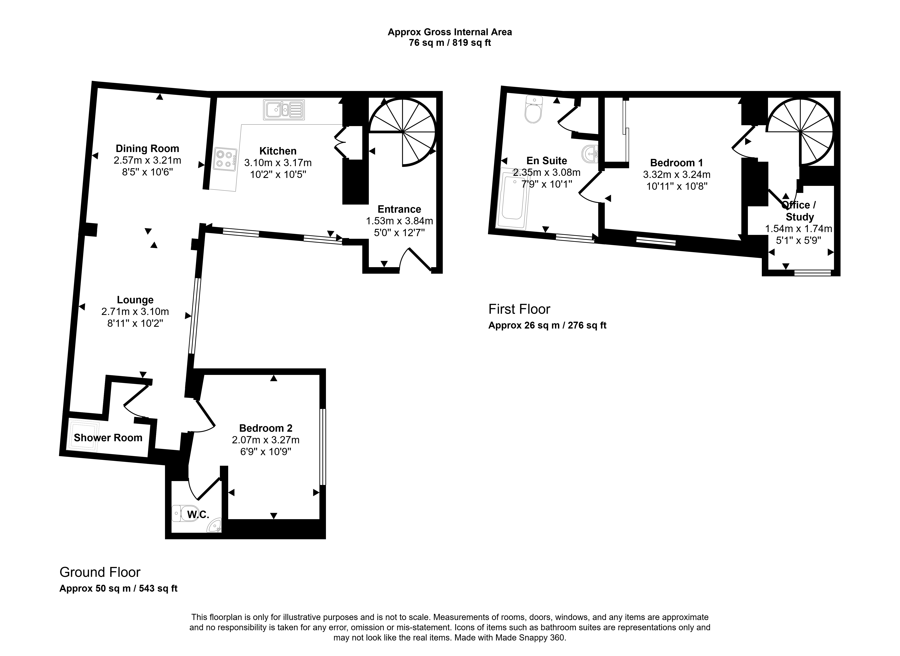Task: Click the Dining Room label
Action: [x=147, y=148]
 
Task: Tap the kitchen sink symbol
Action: [x=284, y=110]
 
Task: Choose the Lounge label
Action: [x=135, y=300]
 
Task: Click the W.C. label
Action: [x=198, y=515]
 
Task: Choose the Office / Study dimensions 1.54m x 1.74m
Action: [x=799, y=229]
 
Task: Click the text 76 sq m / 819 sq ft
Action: [x=450, y=43]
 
